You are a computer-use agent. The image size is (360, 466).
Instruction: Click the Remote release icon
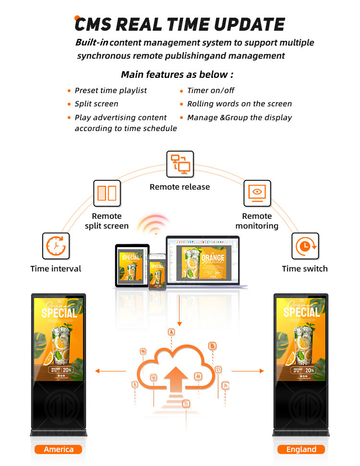coord(180,164)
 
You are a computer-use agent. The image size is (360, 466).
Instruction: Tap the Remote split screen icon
coord(107,193)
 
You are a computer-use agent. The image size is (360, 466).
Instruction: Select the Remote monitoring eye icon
coord(257,193)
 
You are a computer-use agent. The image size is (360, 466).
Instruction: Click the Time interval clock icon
coord(56,246)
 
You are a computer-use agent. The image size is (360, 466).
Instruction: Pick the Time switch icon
coord(305,246)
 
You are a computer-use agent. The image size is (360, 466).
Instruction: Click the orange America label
coord(59,450)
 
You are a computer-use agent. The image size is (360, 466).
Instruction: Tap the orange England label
coord(301,450)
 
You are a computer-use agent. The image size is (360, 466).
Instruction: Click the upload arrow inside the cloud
coord(180,376)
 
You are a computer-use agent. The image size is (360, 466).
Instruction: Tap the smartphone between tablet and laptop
coord(156,271)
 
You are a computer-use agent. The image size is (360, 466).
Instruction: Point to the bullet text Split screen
coord(96,104)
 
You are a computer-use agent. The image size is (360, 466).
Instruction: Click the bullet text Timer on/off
coord(211,90)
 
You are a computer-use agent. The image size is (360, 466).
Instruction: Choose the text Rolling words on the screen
coord(239,104)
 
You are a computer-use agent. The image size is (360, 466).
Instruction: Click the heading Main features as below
coord(177,74)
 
